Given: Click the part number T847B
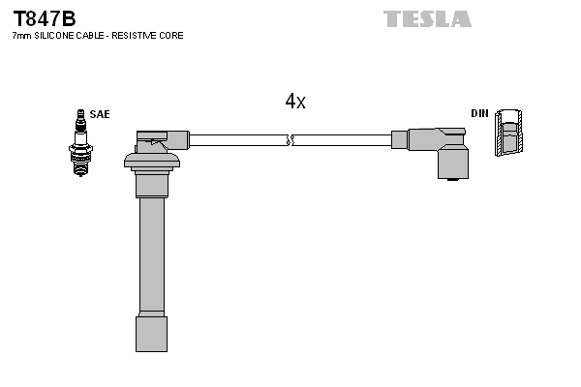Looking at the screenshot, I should (x=44, y=17).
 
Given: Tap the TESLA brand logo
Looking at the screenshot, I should (x=427, y=18).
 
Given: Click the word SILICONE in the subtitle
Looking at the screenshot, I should (x=54, y=36).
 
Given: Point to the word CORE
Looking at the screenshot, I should (x=172, y=36).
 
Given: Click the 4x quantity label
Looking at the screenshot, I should (x=295, y=101).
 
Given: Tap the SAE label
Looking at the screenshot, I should (x=100, y=114).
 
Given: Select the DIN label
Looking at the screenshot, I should (x=479, y=114).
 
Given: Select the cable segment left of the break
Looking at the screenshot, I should (x=237, y=139).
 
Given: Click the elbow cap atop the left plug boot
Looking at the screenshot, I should (x=163, y=138).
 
